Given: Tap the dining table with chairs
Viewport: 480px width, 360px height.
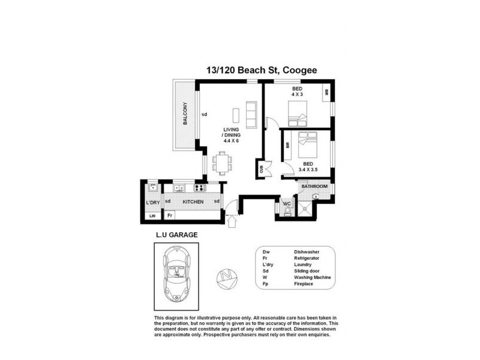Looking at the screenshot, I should [x=223, y=163].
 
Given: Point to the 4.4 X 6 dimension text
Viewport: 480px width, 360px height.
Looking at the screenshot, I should [x=231, y=140].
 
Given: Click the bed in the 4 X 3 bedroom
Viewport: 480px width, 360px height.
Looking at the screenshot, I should [x=298, y=112].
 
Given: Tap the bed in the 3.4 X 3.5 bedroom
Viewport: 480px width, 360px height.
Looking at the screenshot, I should [x=307, y=145].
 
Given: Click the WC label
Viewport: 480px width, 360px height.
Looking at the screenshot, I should [x=286, y=204].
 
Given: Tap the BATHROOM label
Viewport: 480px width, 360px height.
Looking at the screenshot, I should [x=314, y=187].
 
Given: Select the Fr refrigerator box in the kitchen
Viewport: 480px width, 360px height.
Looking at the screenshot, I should [x=170, y=215].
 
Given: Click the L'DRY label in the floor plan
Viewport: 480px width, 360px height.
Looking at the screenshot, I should [x=152, y=202].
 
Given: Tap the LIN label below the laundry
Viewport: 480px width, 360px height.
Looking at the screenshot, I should [x=152, y=215].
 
